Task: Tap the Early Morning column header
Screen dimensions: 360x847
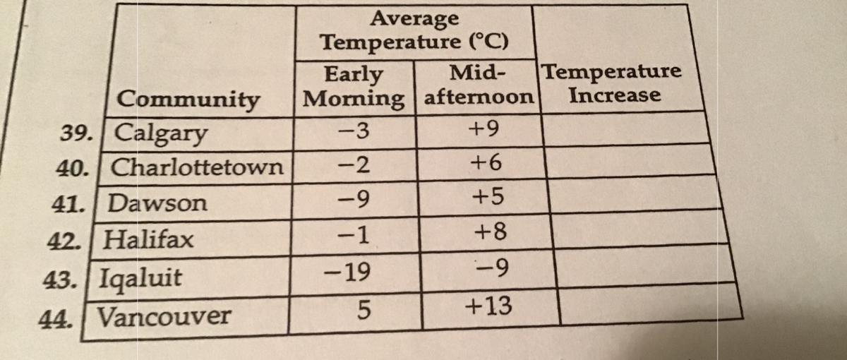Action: click(x=354, y=85)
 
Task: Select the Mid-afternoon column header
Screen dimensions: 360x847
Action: click(x=478, y=85)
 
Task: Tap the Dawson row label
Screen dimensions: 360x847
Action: click(x=159, y=205)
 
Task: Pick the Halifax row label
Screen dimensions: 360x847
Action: click(x=149, y=240)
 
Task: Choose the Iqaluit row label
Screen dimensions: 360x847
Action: click(x=140, y=275)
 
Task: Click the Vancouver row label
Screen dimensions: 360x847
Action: click(x=163, y=316)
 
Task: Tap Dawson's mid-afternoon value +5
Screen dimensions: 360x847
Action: click(x=488, y=198)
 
